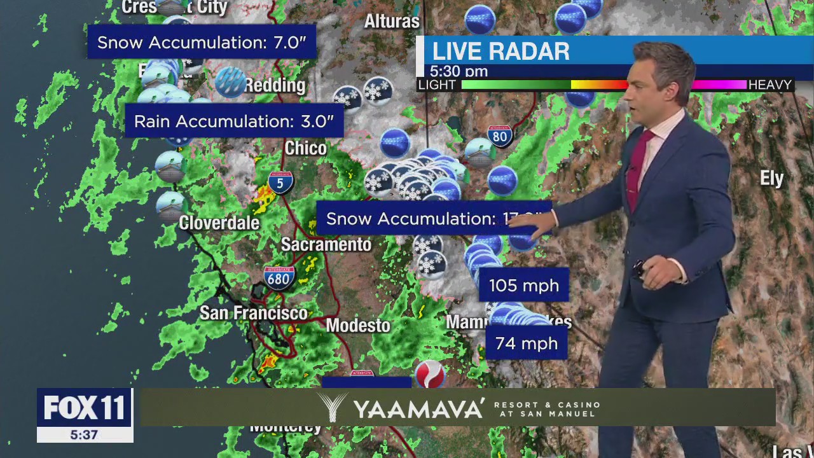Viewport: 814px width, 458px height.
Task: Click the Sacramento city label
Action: tap(326, 244)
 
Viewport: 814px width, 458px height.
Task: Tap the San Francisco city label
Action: tap(253, 313)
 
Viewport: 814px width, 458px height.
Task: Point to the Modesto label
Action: tap(358, 326)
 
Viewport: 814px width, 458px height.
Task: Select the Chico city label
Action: tap(305, 148)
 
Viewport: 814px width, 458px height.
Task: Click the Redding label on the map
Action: tap(275, 85)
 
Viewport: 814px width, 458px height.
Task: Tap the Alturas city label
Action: tap(392, 22)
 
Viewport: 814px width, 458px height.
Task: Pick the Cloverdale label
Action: tap(219, 223)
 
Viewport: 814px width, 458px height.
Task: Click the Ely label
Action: tap(771, 179)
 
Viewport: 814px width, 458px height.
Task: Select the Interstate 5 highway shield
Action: tap(280, 183)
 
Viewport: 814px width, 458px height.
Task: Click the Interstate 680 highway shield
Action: tap(279, 278)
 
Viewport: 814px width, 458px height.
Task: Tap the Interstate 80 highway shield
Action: tap(500, 135)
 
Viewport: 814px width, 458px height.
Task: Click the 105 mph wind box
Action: tap(523, 286)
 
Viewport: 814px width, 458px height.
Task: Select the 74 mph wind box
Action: tap(526, 343)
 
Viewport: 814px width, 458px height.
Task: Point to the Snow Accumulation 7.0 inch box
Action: tap(202, 43)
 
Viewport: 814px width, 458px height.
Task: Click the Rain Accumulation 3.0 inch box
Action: tap(233, 121)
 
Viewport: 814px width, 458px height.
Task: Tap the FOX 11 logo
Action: tap(85, 408)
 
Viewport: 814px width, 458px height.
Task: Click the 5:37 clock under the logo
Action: tap(85, 435)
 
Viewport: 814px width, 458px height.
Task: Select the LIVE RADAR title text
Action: tap(500, 52)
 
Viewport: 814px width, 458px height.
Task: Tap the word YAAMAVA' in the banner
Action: tap(418, 408)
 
